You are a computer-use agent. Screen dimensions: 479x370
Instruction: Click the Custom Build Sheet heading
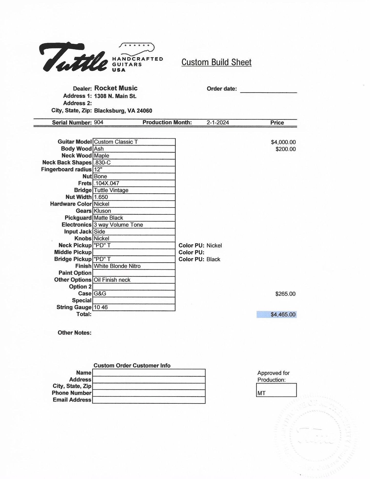(x=216, y=62)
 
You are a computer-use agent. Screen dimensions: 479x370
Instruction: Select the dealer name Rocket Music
(x=116, y=88)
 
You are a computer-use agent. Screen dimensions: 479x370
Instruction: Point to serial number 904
(x=99, y=122)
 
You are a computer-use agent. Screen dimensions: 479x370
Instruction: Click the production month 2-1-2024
(x=218, y=122)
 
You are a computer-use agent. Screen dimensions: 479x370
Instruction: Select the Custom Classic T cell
(x=134, y=142)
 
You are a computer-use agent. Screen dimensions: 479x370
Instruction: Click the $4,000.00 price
(x=283, y=142)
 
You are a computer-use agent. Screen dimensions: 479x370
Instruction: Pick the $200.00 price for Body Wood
(x=286, y=149)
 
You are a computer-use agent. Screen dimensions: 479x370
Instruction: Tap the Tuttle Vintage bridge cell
(x=134, y=190)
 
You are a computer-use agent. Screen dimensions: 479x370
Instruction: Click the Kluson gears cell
(x=134, y=211)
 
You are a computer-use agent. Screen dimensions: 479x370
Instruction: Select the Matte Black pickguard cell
(x=134, y=218)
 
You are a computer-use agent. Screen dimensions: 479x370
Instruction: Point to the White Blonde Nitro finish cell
(x=134, y=266)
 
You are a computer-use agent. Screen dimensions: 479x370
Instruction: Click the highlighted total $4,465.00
(x=277, y=315)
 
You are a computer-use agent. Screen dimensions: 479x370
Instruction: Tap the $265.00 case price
(x=285, y=294)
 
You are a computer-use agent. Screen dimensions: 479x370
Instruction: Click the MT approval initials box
(x=276, y=390)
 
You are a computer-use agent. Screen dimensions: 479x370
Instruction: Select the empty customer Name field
(x=149, y=373)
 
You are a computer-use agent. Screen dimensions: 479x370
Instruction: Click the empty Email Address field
(x=149, y=400)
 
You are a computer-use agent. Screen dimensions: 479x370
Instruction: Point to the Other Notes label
(x=74, y=333)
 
